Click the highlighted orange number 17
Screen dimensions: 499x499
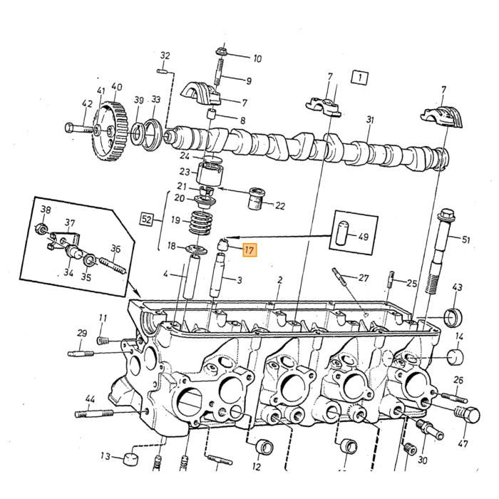[x=249, y=249]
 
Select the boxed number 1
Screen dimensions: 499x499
[x=359, y=77]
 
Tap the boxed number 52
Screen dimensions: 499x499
[x=147, y=220]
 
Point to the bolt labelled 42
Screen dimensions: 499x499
[x=81, y=128]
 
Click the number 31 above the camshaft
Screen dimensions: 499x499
[x=370, y=120]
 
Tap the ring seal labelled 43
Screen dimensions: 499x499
[x=453, y=317]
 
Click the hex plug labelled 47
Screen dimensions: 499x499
[x=466, y=415]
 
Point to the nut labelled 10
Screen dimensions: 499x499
[x=220, y=51]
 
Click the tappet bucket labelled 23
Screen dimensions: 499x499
[x=209, y=174]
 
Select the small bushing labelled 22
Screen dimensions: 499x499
[x=257, y=199]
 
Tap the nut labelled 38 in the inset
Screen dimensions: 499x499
[x=41, y=228]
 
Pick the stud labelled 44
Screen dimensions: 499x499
[x=94, y=413]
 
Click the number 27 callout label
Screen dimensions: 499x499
[x=364, y=278]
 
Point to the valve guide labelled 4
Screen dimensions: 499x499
[x=190, y=277]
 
